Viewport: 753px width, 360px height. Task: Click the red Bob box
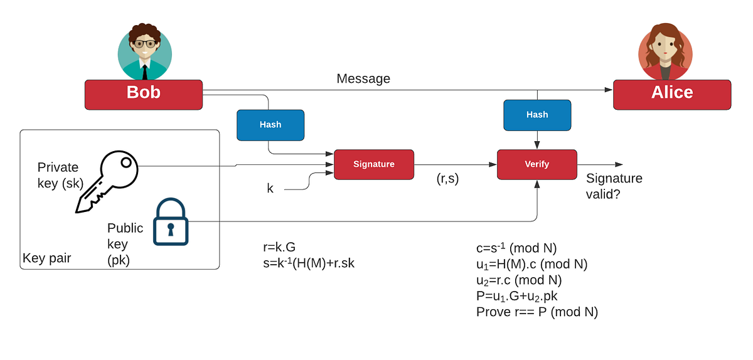click(144, 94)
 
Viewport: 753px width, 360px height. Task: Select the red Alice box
click(671, 94)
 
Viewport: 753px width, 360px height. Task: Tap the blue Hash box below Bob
click(270, 125)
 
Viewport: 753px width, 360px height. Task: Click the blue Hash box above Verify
click(537, 115)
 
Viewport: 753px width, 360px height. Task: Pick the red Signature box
click(374, 164)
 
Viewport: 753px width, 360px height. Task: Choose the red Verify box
click(537, 164)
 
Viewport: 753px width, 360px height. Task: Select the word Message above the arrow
click(363, 78)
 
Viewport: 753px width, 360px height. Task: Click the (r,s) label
click(447, 179)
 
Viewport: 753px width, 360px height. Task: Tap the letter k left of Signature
click(270, 188)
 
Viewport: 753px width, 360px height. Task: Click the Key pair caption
click(46, 258)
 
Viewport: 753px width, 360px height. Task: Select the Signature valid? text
click(614, 186)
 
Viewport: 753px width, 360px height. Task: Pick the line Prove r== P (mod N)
click(537, 312)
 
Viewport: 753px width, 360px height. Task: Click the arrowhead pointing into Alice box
click(608, 90)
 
